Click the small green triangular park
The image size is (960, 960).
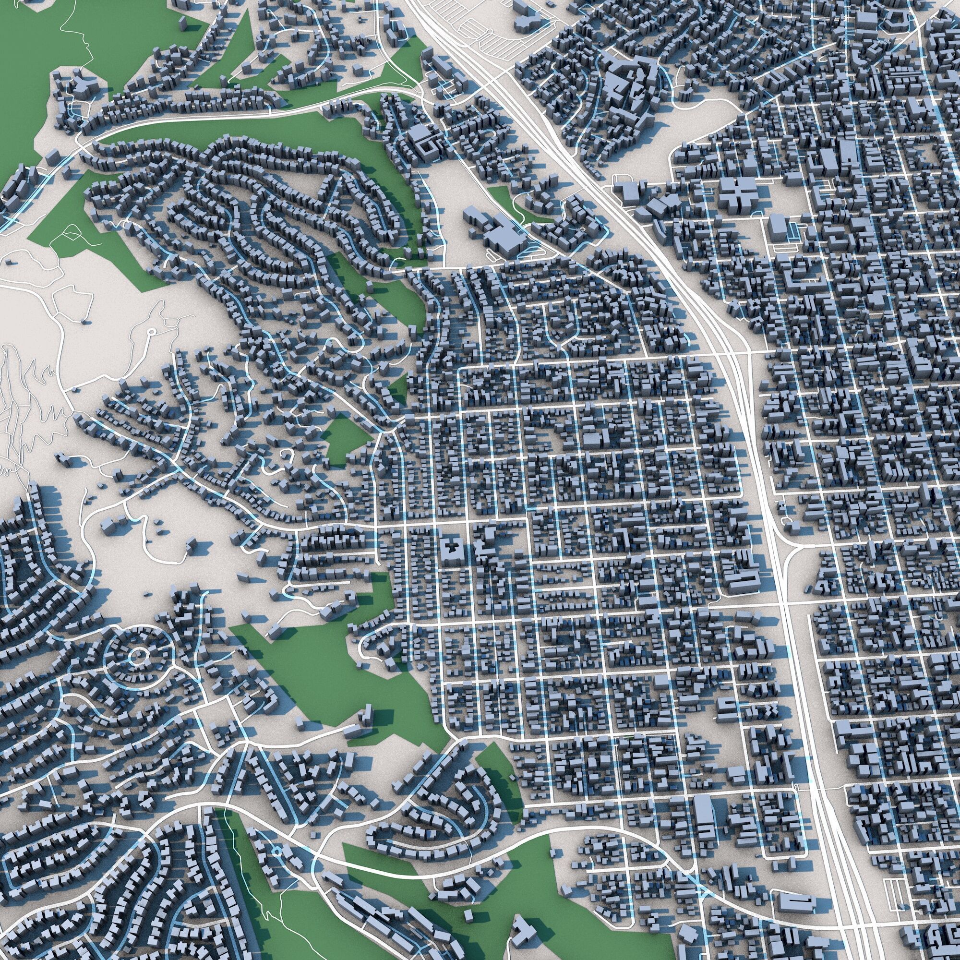[x=398, y=387]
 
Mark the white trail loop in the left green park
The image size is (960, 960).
[x=72, y=234]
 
